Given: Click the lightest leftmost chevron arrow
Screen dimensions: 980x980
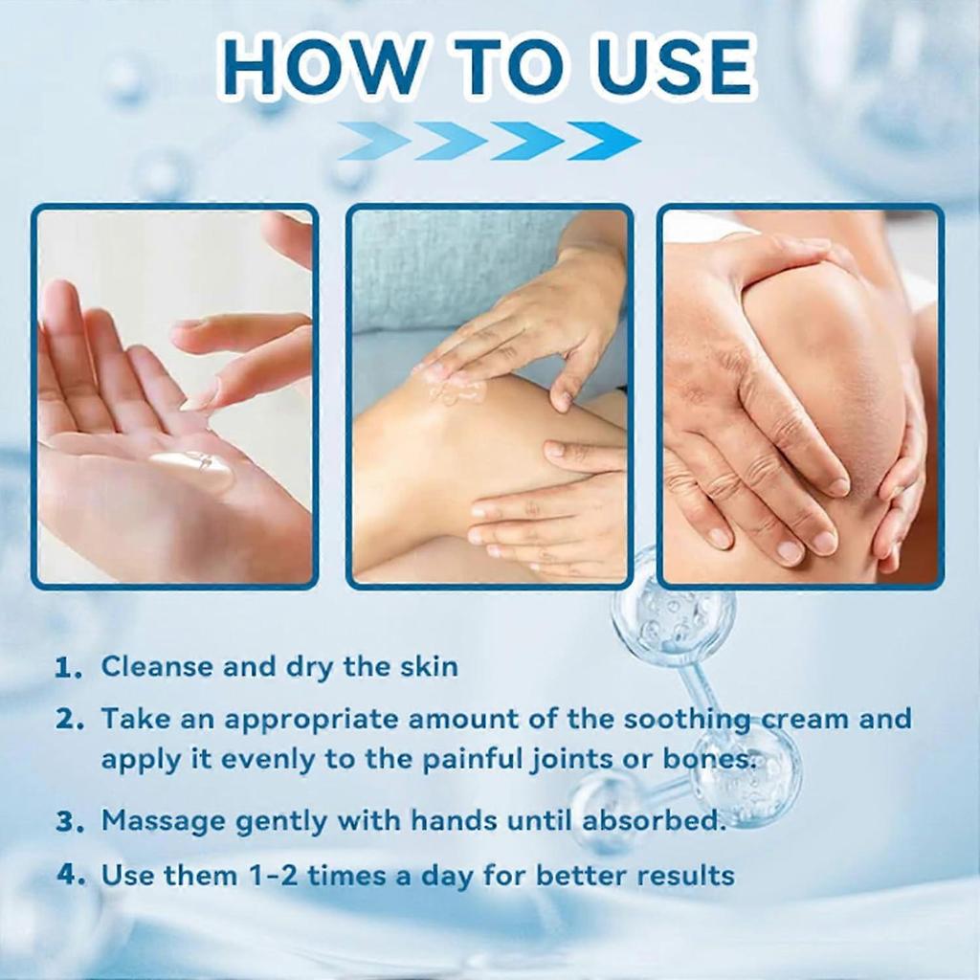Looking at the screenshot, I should [x=374, y=141].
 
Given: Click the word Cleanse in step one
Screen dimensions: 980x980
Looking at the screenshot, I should [x=158, y=666].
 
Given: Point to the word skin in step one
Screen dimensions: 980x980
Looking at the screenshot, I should [x=426, y=666].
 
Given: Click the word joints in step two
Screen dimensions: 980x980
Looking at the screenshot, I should [x=563, y=761].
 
